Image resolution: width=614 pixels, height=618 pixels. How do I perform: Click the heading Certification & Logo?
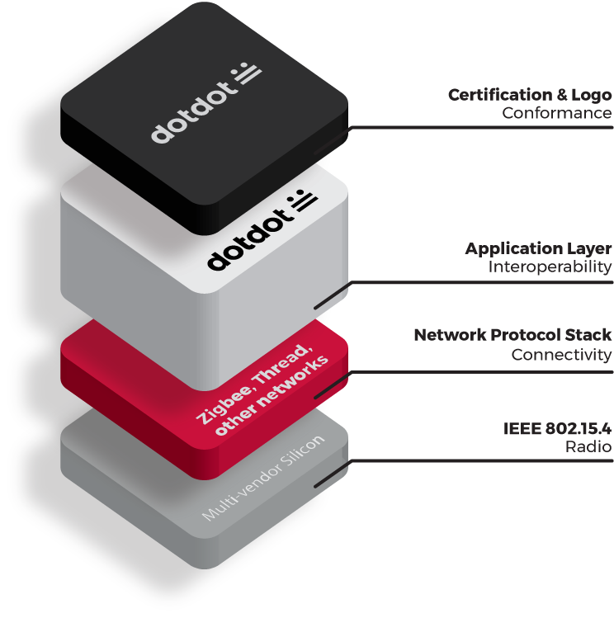pyautogui.click(x=529, y=95)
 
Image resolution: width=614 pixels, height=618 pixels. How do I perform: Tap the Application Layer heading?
pyautogui.click(x=538, y=248)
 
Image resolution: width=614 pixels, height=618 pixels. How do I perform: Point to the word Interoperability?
pyautogui.click(x=550, y=267)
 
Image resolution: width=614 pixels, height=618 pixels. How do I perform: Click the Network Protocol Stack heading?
pyautogui.click(x=512, y=335)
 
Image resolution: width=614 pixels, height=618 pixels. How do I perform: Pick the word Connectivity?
pyautogui.click(x=561, y=355)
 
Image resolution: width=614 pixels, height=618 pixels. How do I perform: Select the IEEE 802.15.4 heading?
pyautogui.click(x=557, y=428)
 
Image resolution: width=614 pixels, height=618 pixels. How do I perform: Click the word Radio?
pyautogui.click(x=589, y=447)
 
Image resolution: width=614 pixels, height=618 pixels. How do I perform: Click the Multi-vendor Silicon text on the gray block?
pyautogui.click(x=264, y=478)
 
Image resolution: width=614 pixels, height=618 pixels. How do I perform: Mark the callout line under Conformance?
pyautogui.click(x=495, y=127)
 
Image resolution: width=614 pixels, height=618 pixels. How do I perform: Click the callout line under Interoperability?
pyautogui.click(x=495, y=282)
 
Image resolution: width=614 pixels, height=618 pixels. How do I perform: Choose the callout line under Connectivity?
pyautogui.click(x=495, y=371)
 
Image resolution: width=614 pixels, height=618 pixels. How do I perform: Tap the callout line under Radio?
pyautogui.click(x=495, y=460)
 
